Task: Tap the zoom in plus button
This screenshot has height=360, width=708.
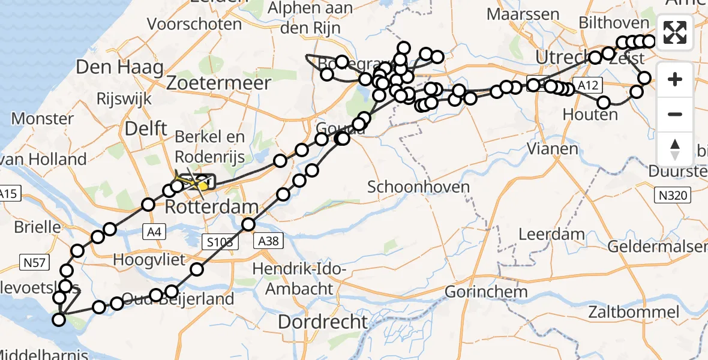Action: (x=675, y=79)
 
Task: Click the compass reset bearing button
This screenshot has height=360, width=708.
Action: (x=675, y=149)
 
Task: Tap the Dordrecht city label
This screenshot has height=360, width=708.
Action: (x=322, y=322)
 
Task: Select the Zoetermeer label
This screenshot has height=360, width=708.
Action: (x=219, y=83)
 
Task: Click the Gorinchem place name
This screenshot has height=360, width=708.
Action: (x=487, y=292)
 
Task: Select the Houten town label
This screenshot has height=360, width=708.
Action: (x=590, y=114)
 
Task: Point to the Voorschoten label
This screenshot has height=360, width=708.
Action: (x=198, y=25)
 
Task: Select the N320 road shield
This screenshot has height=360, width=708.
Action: (x=673, y=194)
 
